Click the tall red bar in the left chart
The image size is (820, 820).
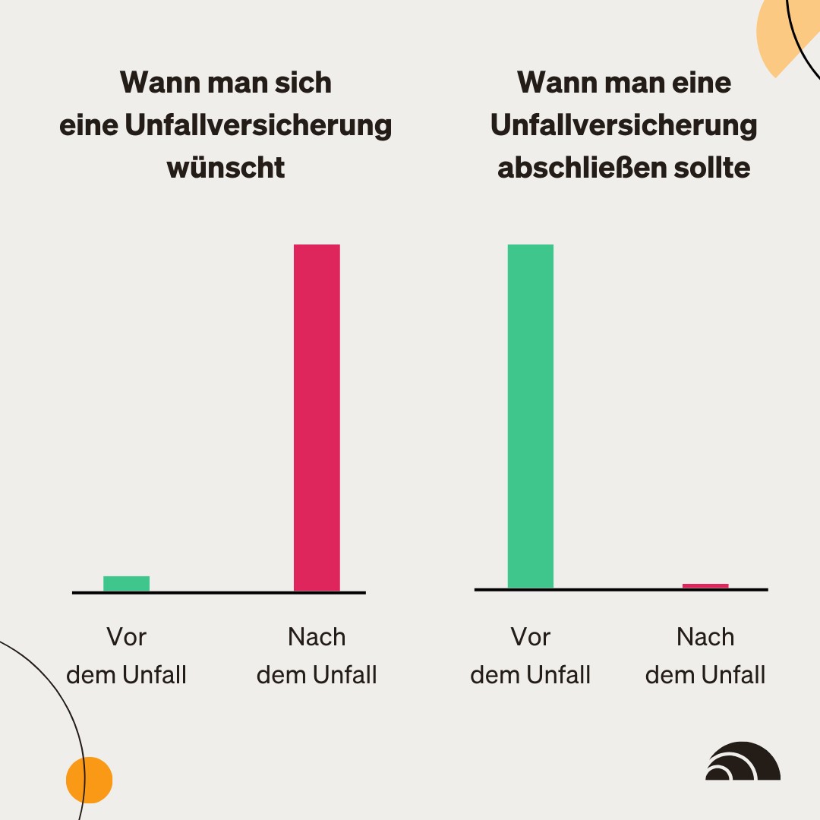coord(317,418)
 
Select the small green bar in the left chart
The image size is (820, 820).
coord(126,583)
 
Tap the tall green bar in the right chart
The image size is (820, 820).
coord(530,416)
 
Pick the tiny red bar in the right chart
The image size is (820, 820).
coord(705,585)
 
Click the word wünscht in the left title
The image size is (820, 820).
coord(226,167)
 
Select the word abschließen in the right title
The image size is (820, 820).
coord(572,167)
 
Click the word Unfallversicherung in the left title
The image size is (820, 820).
coord(258,125)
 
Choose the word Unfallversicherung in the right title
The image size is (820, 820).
coord(623,125)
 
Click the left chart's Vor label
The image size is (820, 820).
coord(126,636)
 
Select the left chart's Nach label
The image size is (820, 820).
coord(317,636)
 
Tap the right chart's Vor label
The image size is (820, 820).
coord(530,636)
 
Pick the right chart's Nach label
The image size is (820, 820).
coord(705,636)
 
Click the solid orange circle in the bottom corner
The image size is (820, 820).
coord(89,780)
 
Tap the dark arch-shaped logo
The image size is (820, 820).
coord(743,762)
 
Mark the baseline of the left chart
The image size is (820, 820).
coord(219,592)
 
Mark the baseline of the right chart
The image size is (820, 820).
coord(621,589)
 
